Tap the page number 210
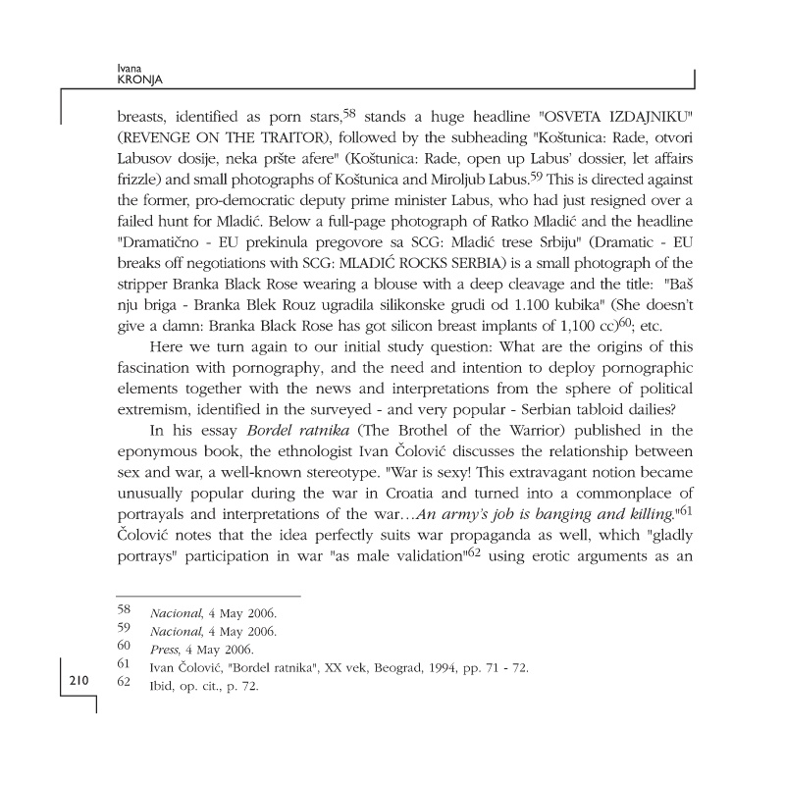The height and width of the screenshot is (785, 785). point(79,680)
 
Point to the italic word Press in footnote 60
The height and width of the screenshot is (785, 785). point(163,649)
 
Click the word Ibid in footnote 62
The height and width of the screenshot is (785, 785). point(161,685)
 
